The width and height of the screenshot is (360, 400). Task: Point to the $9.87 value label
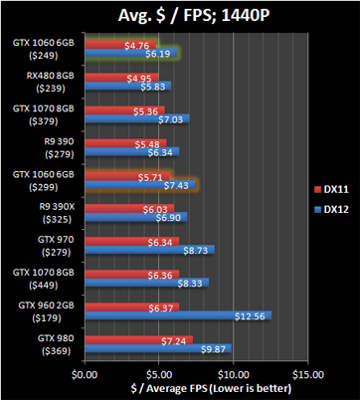pos(215,349)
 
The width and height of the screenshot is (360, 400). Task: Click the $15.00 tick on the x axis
pos(307,374)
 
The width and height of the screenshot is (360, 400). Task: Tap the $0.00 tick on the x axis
pos(86,374)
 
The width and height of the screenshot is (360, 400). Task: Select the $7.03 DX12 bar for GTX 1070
pos(136,119)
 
